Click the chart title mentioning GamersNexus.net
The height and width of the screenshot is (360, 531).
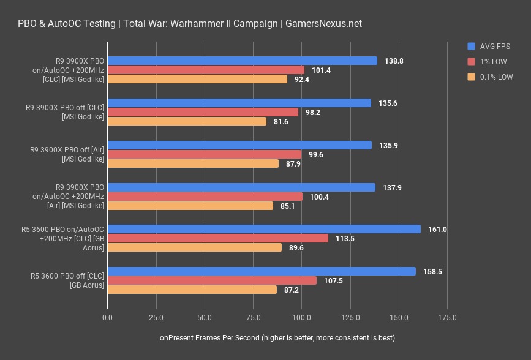pyautogui.click(x=190, y=24)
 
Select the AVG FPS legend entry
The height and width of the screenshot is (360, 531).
pyautogui.click(x=489, y=47)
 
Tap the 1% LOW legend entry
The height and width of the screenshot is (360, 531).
pyautogui.click(x=487, y=62)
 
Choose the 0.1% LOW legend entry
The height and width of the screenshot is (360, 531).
pyautogui.click(x=490, y=77)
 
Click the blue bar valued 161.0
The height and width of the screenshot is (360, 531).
pyautogui.click(x=264, y=229)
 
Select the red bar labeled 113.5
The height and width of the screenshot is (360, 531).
pyautogui.click(x=218, y=238)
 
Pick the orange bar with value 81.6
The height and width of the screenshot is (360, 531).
pyautogui.click(x=187, y=121)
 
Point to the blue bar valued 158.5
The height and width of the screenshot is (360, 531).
pyautogui.click(x=262, y=271)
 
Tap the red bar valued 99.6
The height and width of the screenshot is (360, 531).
pyautogui.click(x=205, y=154)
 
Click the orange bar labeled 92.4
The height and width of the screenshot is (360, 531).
pyautogui.click(x=197, y=79)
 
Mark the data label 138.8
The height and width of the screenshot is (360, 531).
pyautogui.click(x=394, y=61)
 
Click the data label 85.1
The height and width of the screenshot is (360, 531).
pyautogui.click(x=287, y=206)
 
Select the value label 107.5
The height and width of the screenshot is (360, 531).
pyautogui.click(x=333, y=281)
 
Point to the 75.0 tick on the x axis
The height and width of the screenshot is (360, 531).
pyautogui.click(x=254, y=318)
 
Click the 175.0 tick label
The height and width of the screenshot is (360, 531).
pyautogui.click(x=447, y=318)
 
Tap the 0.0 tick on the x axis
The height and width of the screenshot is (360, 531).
pyautogui.click(x=107, y=318)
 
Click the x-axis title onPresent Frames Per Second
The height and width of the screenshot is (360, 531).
pyautogui.click(x=277, y=337)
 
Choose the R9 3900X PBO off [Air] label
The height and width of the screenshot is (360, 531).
pyautogui.click(x=67, y=154)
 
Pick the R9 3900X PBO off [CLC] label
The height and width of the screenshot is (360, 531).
pyautogui.click(x=65, y=112)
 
